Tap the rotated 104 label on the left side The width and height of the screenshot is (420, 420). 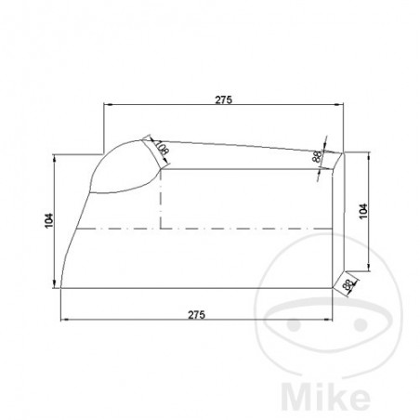[48, 221]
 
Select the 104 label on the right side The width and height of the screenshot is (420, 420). [363, 210]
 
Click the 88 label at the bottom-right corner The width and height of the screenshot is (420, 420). [348, 285]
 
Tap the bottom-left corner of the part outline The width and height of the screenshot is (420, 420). [60, 287]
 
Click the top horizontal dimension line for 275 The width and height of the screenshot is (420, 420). [223, 105]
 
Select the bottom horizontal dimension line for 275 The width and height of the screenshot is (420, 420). [196, 322]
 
